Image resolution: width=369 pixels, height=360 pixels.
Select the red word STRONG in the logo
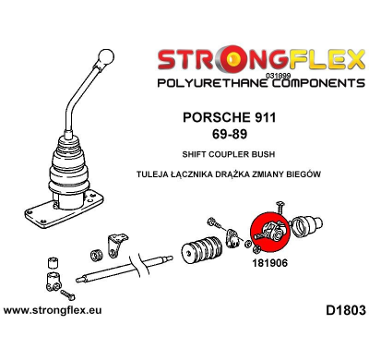click(212, 62)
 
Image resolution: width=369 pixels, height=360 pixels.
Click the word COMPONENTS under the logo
click(300, 83)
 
